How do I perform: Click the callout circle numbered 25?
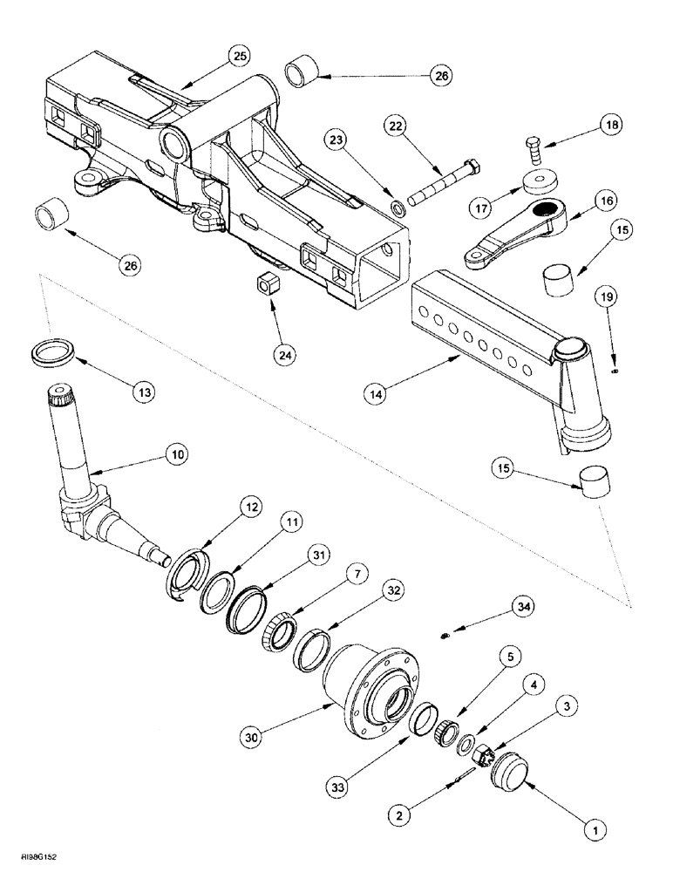click(x=239, y=55)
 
